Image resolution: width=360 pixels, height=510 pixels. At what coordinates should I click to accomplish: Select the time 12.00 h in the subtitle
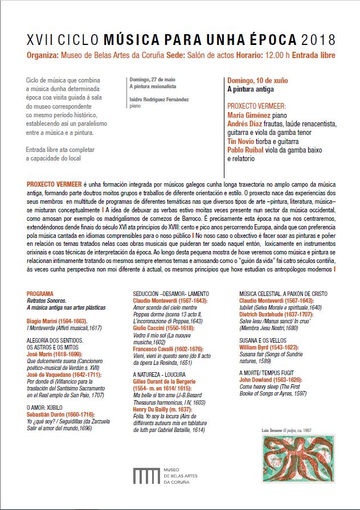tap(281, 55)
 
